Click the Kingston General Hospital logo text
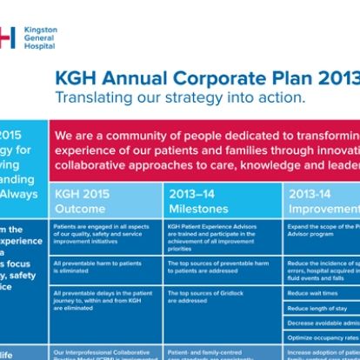coord(41,37)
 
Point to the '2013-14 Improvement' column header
coord(323,201)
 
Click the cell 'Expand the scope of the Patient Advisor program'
coord(322,230)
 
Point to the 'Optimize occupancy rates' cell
coord(322,337)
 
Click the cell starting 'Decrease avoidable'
coord(322,323)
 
